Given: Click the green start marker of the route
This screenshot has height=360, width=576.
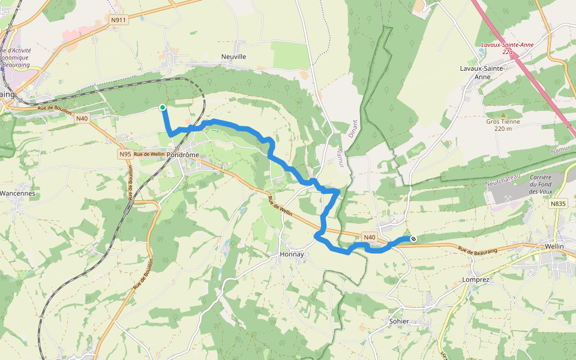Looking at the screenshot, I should coord(163,107).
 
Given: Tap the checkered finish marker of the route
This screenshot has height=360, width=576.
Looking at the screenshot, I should coord(413,239).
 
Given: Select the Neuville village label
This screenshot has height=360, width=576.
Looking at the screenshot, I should coord(234,56).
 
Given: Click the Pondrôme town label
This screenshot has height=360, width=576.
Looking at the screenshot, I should coord(182,154).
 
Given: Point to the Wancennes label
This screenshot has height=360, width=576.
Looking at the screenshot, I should coord(17,194).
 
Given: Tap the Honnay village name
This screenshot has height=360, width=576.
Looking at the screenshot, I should coord(292,254).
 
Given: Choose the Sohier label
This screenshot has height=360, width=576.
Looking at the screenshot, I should coord(399,321).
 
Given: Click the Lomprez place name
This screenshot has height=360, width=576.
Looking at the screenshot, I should coord(477,280).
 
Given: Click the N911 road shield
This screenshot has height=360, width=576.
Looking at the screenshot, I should coord(119,20).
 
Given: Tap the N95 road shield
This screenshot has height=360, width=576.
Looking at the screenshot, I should coord(125,154).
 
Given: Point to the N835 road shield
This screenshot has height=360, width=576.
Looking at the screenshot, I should coord(557,204).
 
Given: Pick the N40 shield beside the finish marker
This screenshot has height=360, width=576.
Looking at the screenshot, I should coord(370,238).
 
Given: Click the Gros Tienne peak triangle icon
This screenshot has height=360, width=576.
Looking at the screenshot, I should coord(503,114).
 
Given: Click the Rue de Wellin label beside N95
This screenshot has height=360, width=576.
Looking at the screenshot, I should coord(149,154).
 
